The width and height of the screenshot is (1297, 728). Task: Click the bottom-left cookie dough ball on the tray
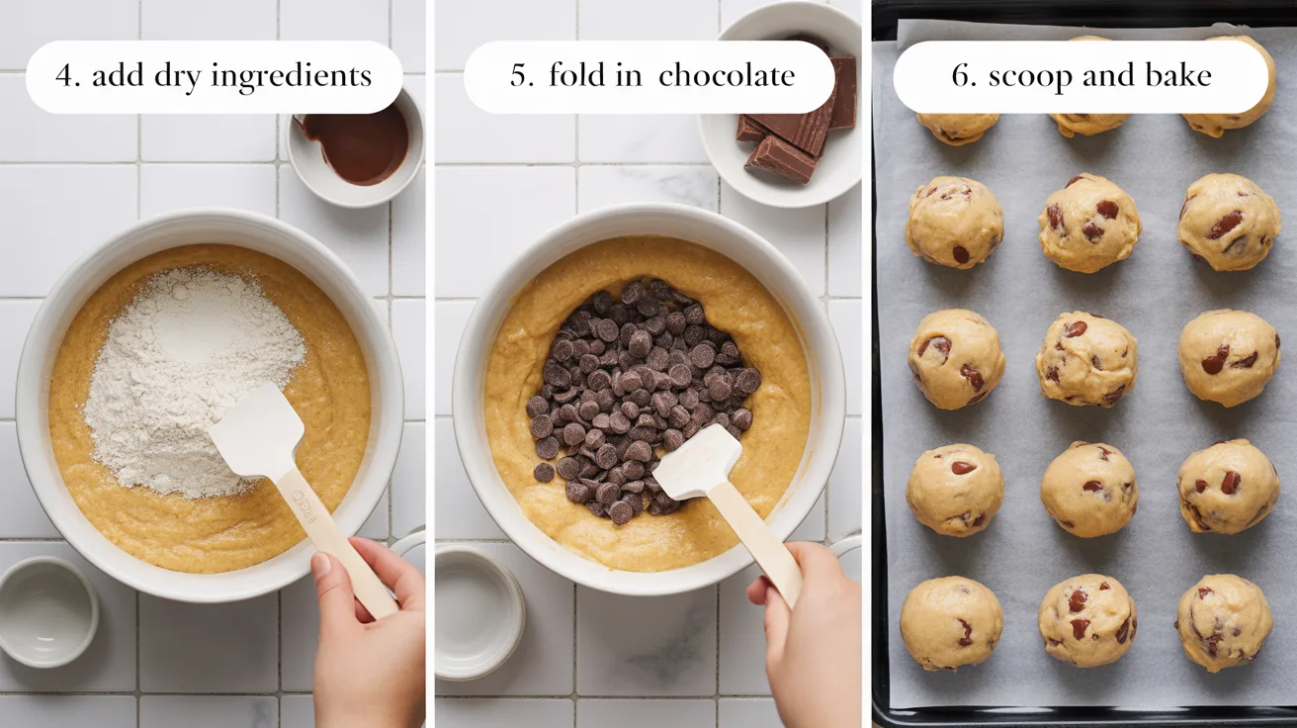point(951,623)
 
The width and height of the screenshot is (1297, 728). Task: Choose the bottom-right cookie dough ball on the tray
point(1223,622)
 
